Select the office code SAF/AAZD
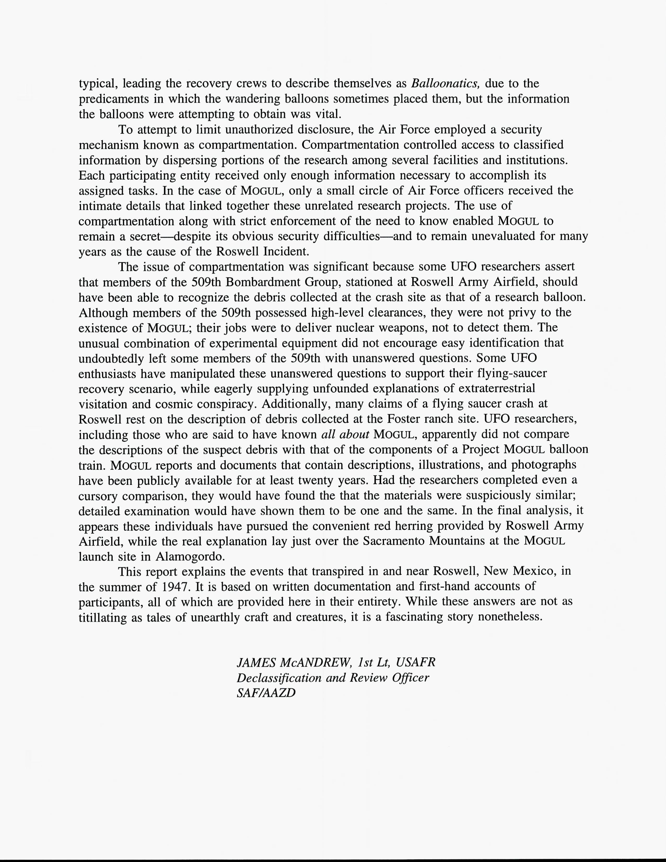[x=266, y=693]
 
